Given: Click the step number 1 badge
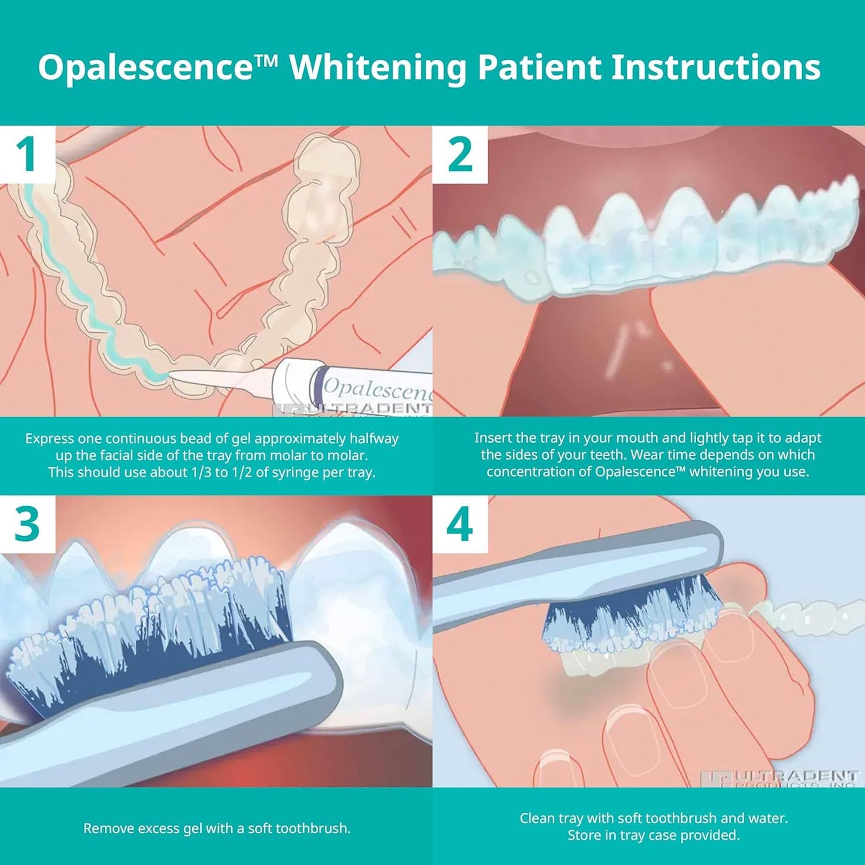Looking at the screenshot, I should pyautogui.click(x=27, y=154).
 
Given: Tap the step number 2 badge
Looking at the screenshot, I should pyautogui.click(x=460, y=154).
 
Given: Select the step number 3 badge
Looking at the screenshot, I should pyautogui.click(x=27, y=524).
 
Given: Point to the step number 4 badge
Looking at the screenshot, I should pyautogui.click(x=460, y=524).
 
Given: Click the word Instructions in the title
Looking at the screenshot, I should pyautogui.click(x=715, y=66).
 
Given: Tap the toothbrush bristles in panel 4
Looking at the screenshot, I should pyautogui.click(x=629, y=617).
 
